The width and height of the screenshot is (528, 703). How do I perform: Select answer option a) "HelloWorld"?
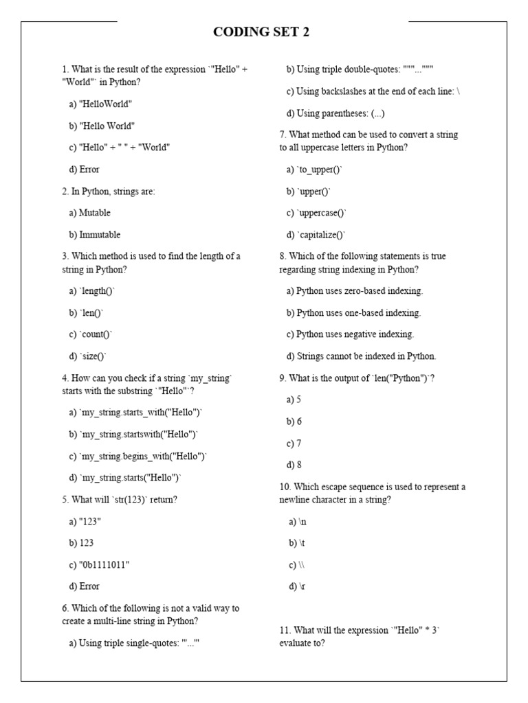tap(100, 104)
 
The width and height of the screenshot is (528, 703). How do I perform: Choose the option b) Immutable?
tap(94, 234)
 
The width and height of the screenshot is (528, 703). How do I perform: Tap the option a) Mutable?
tap(89, 213)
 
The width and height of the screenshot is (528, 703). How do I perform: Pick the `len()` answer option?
tap(86, 312)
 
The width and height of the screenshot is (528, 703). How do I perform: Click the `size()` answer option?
tap(88, 356)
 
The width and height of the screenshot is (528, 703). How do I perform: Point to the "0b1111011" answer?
tap(99, 564)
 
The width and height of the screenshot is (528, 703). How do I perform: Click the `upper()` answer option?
tap(309, 191)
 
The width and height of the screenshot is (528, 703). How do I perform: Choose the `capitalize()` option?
tap(316, 235)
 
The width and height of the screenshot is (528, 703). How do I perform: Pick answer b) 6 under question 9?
tap(294, 422)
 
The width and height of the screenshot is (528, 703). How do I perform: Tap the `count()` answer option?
tap(90, 334)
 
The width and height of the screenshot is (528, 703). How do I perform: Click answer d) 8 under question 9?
tap(294, 465)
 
